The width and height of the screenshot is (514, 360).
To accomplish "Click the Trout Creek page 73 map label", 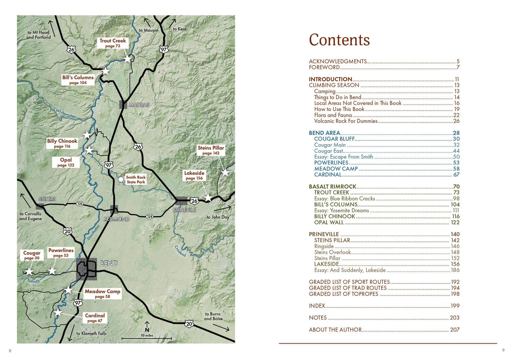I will click(x=113, y=43).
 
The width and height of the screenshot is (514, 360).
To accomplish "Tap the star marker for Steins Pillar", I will click(x=225, y=173).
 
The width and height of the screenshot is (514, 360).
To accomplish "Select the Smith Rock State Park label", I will click(x=136, y=179).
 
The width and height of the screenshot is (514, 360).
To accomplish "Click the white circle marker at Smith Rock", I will click(x=121, y=179).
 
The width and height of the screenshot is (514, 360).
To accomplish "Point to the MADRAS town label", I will click(x=139, y=105).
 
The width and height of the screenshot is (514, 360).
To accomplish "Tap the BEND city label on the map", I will click(x=109, y=263).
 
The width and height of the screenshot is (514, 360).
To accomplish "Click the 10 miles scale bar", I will click(x=147, y=338).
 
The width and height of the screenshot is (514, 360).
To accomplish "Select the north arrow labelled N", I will click(x=147, y=327).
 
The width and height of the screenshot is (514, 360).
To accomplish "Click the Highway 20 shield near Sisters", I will click(x=68, y=231).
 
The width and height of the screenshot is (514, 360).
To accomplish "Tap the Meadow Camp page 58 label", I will click(x=102, y=294).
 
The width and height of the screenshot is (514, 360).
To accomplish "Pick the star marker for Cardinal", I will click(x=58, y=312).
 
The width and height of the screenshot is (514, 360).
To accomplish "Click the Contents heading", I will click(x=339, y=40).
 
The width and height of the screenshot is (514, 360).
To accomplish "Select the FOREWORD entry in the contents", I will click(x=324, y=67).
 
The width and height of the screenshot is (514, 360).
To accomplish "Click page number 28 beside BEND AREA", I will click(x=456, y=133).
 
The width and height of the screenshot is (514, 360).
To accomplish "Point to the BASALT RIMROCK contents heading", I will click(x=332, y=187).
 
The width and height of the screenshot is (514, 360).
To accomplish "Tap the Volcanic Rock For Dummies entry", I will click(x=346, y=121).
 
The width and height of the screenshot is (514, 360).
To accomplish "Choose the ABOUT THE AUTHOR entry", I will click(x=335, y=330).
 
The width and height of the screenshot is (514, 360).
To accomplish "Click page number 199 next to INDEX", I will click(x=455, y=306).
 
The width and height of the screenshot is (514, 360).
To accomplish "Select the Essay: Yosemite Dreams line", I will click(x=341, y=210).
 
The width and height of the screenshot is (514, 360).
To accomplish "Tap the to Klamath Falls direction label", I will click(x=91, y=333).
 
